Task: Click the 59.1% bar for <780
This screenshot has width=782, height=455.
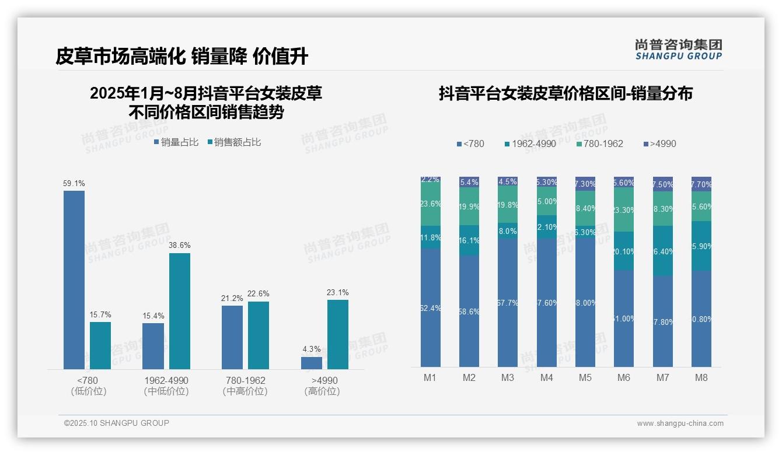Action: click(74, 280)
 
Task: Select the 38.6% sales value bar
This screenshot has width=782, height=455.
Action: click(180, 311)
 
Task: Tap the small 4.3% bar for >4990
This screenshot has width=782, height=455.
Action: click(312, 363)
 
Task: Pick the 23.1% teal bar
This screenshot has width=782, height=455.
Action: click(338, 334)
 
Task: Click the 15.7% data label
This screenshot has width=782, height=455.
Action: click(100, 315)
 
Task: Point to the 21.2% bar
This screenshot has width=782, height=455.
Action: click(232, 337)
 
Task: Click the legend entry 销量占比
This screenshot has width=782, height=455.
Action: click(176, 142)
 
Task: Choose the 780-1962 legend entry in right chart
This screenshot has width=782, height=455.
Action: click(599, 144)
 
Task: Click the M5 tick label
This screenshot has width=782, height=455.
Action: click(585, 378)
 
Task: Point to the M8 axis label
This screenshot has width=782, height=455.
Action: click(701, 378)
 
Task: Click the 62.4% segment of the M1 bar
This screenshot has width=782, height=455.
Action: click(431, 308)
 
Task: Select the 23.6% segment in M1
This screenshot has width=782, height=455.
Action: click(431, 204)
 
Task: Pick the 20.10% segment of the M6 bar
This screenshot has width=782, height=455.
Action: click(624, 251)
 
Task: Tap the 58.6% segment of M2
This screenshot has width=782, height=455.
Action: click(469, 311)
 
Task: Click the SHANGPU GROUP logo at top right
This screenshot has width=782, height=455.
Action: click(679, 50)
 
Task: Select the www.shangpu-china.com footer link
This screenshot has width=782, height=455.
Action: click(680, 423)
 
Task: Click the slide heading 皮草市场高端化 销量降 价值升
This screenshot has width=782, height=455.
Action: click(182, 57)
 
